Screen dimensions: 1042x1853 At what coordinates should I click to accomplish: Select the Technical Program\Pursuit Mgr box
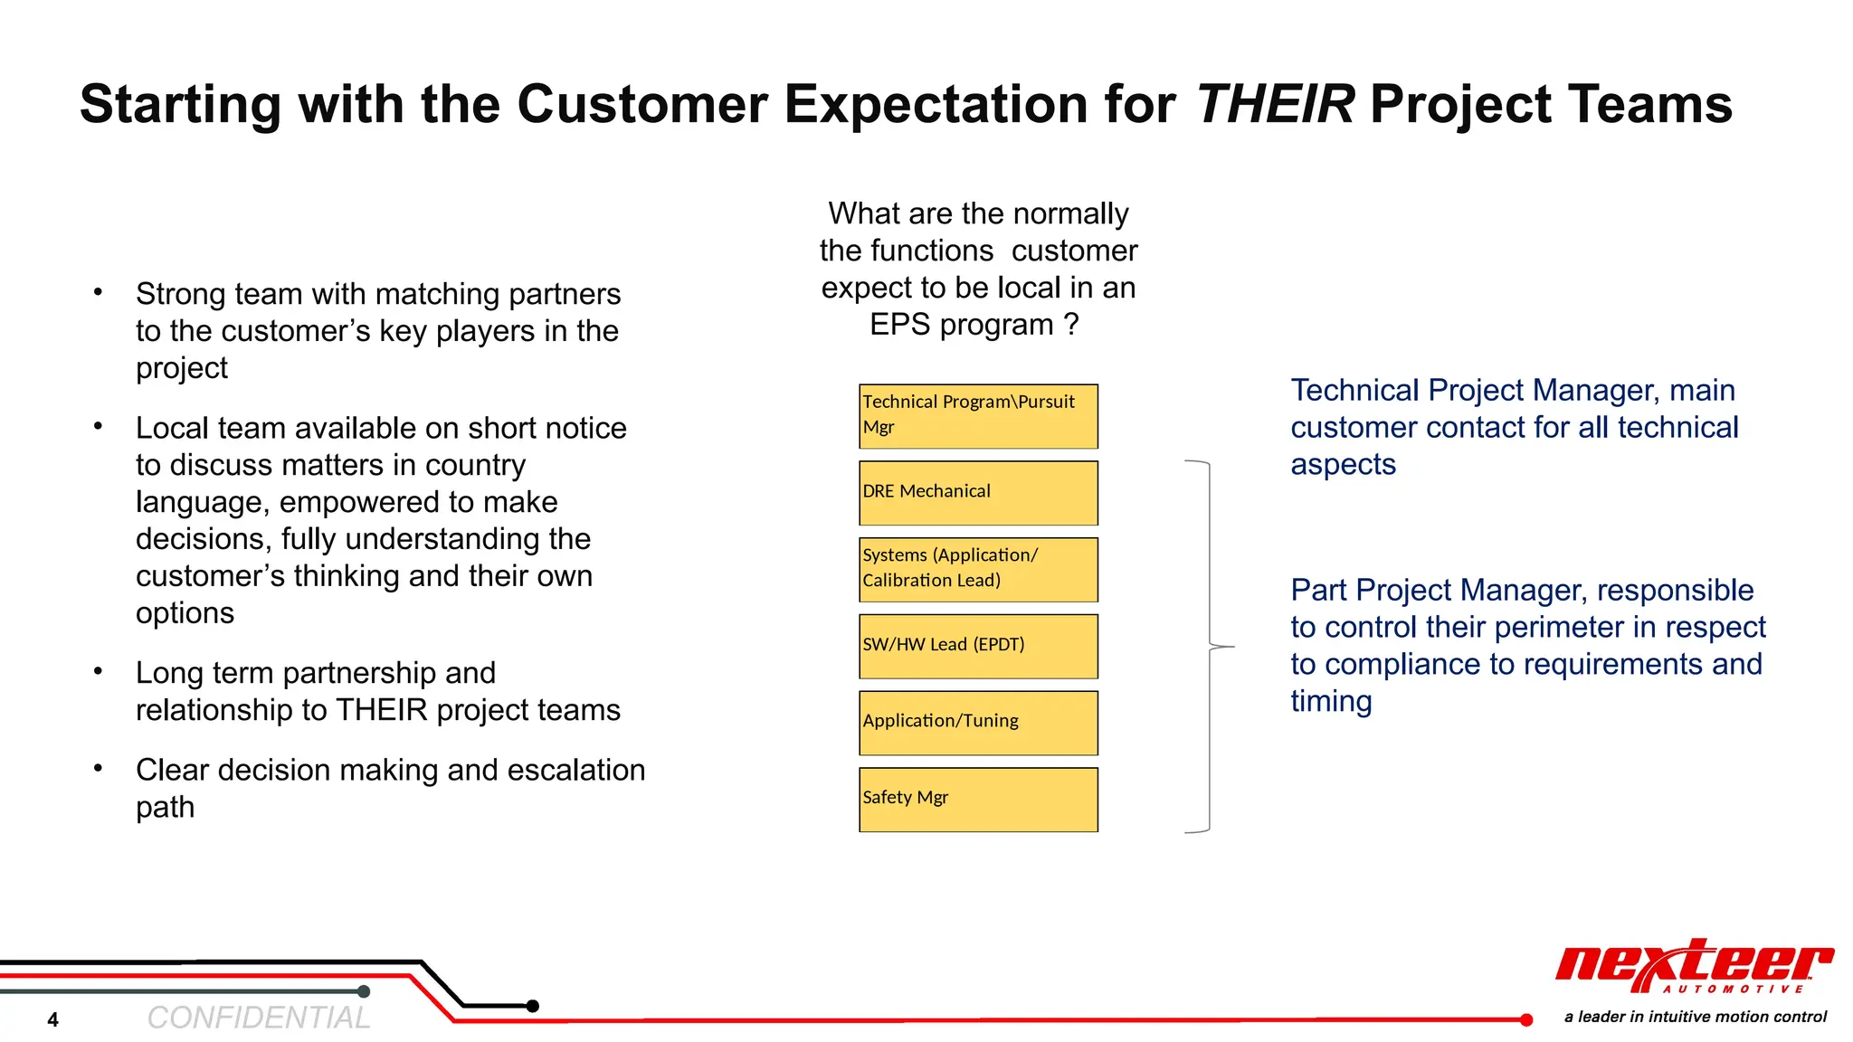pos(978,416)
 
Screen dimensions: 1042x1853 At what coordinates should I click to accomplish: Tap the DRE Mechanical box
pos(978,493)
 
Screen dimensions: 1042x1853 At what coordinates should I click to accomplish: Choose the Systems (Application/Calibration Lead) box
pos(978,570)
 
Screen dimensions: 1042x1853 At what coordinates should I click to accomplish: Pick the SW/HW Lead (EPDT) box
pos(978,646)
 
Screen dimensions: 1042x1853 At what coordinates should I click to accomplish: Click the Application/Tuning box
pos(978,723)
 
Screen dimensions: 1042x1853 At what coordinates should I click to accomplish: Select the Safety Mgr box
pos(978,800)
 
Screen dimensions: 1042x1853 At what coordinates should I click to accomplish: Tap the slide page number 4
pos(53,1020)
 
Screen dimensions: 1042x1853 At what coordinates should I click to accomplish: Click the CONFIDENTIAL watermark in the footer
pos(259,1018)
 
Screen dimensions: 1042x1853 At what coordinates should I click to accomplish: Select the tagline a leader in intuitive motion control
pos(1695,1017)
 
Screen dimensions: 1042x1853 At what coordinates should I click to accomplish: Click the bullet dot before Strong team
pos(98,291)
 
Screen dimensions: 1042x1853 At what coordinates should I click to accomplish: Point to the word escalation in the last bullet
pos(575,770)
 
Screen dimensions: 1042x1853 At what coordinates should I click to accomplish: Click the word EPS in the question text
pos(900,325)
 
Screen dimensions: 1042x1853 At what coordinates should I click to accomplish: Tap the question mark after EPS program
pos(1071,325)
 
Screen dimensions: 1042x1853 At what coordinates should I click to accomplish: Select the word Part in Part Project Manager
pos(1319,590)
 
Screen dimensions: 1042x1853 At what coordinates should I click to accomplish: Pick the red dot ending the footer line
pos(1525,1020)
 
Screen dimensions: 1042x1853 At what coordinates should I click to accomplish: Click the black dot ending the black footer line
pos(533,1006)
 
